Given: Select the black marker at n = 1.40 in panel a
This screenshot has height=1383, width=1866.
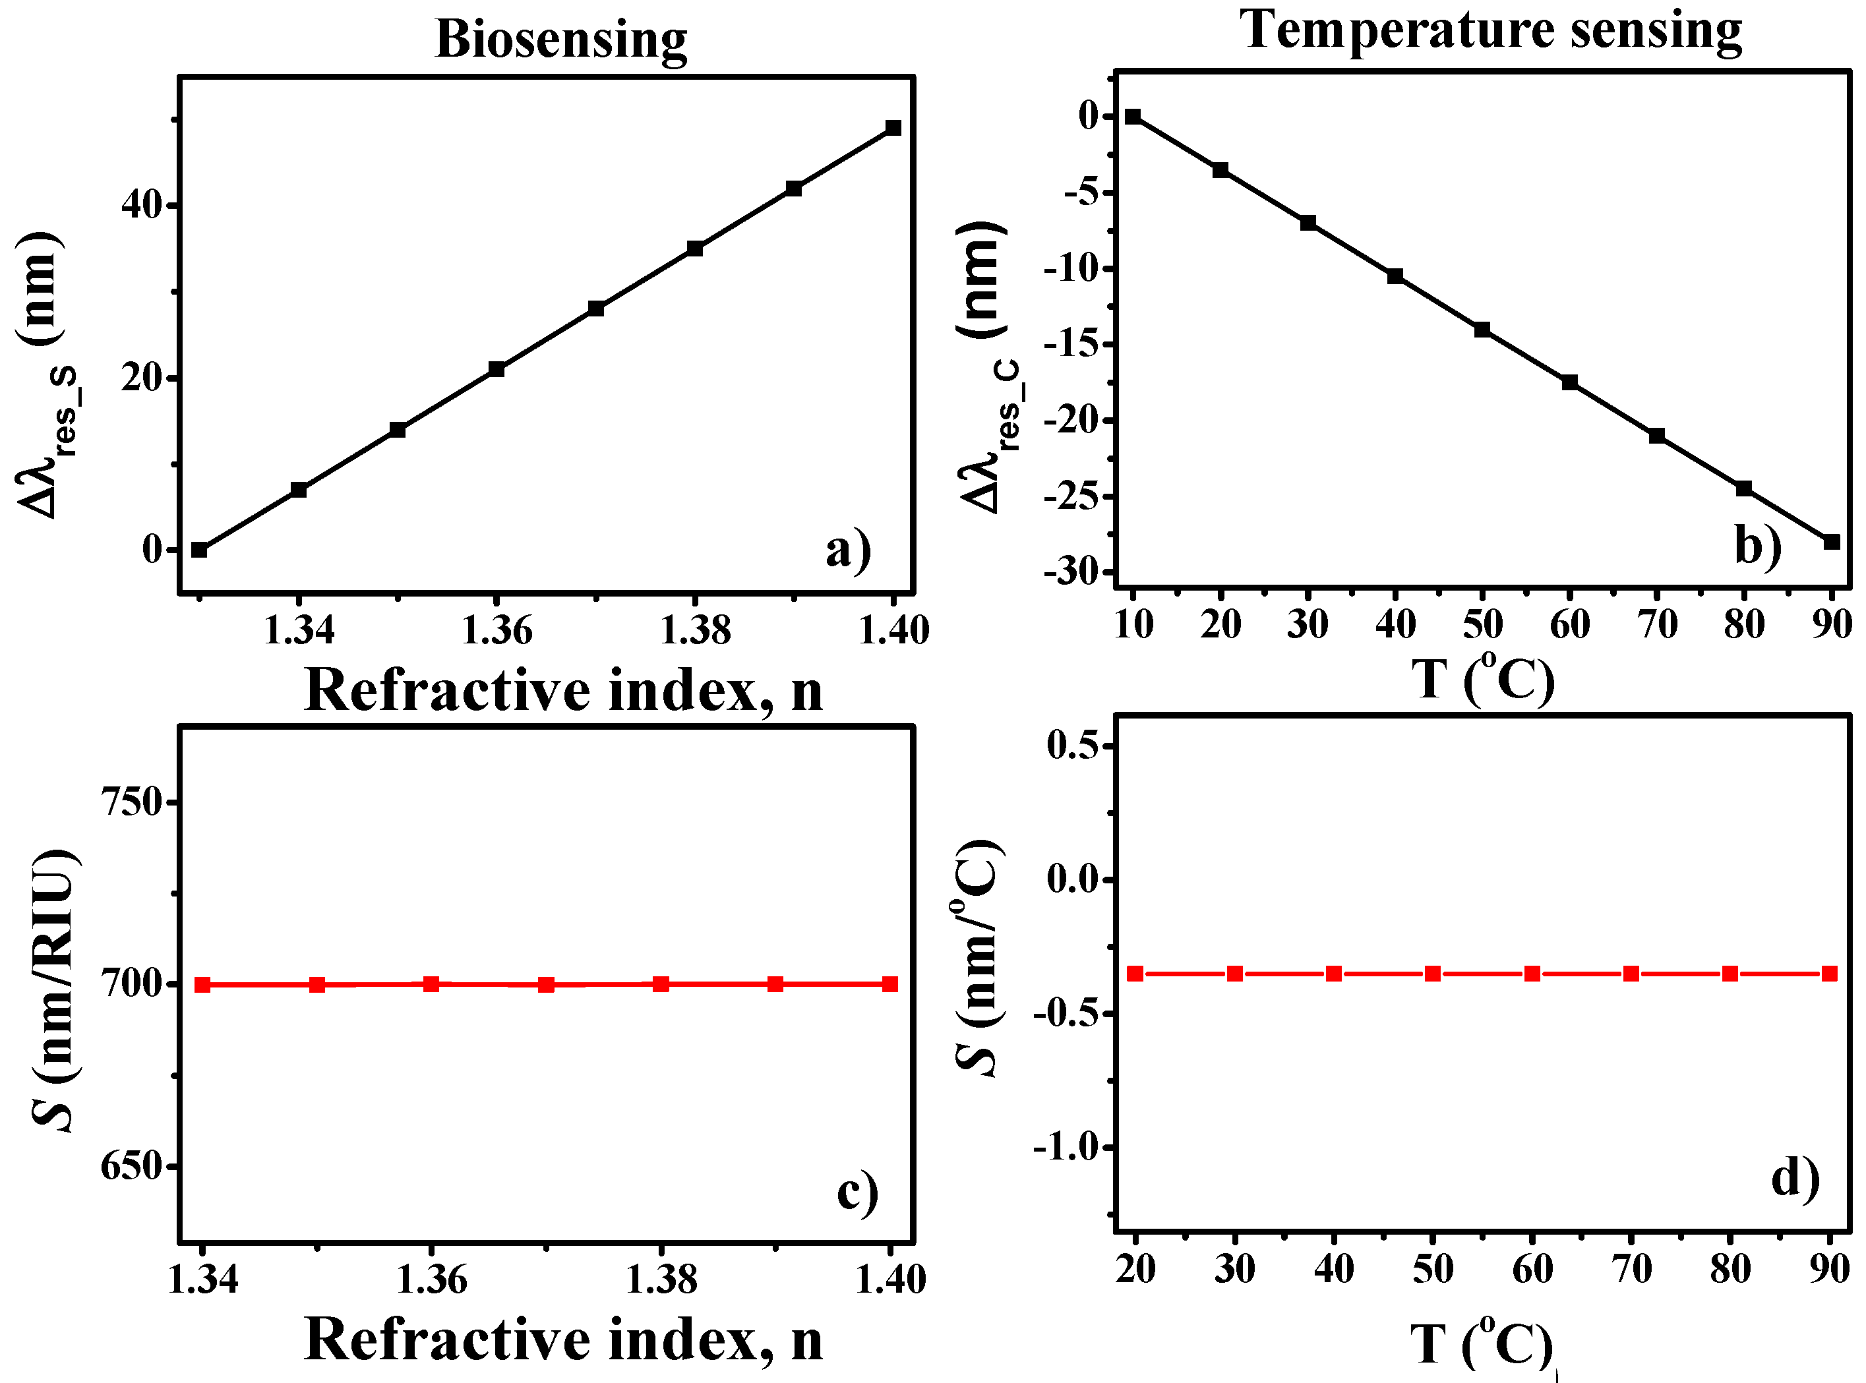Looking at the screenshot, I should click(893, 127).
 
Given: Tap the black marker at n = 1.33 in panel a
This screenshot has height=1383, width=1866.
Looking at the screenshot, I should click(199, 549).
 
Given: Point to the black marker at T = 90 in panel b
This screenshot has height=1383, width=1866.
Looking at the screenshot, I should click(1832, 542).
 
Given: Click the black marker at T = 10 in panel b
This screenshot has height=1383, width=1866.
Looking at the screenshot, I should click(1133, 117).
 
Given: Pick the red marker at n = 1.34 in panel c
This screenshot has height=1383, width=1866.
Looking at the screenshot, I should click(202, 984).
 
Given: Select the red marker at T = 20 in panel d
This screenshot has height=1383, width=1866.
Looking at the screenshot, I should click(1135, 974).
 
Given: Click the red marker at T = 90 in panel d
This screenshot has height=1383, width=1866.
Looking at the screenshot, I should click(1830, 974).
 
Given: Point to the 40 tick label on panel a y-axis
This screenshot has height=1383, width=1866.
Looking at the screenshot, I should click(140, 205).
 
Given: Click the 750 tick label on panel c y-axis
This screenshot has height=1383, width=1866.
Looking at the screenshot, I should click(131, 802).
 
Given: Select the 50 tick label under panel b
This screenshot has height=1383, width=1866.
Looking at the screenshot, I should click(1483, 624).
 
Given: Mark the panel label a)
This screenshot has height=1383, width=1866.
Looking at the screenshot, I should click(848, 549).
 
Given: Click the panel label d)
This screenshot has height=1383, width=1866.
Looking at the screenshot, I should click(1795, 1179).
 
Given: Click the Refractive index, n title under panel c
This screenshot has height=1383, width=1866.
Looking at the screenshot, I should click(562, 1339).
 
